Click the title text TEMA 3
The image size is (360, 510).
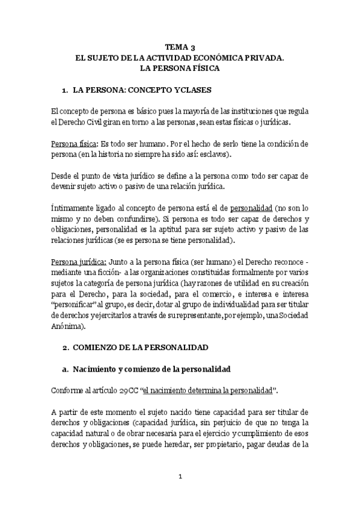(x=180, y=48)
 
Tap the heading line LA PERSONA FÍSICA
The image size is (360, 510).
(x=180, y=69)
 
